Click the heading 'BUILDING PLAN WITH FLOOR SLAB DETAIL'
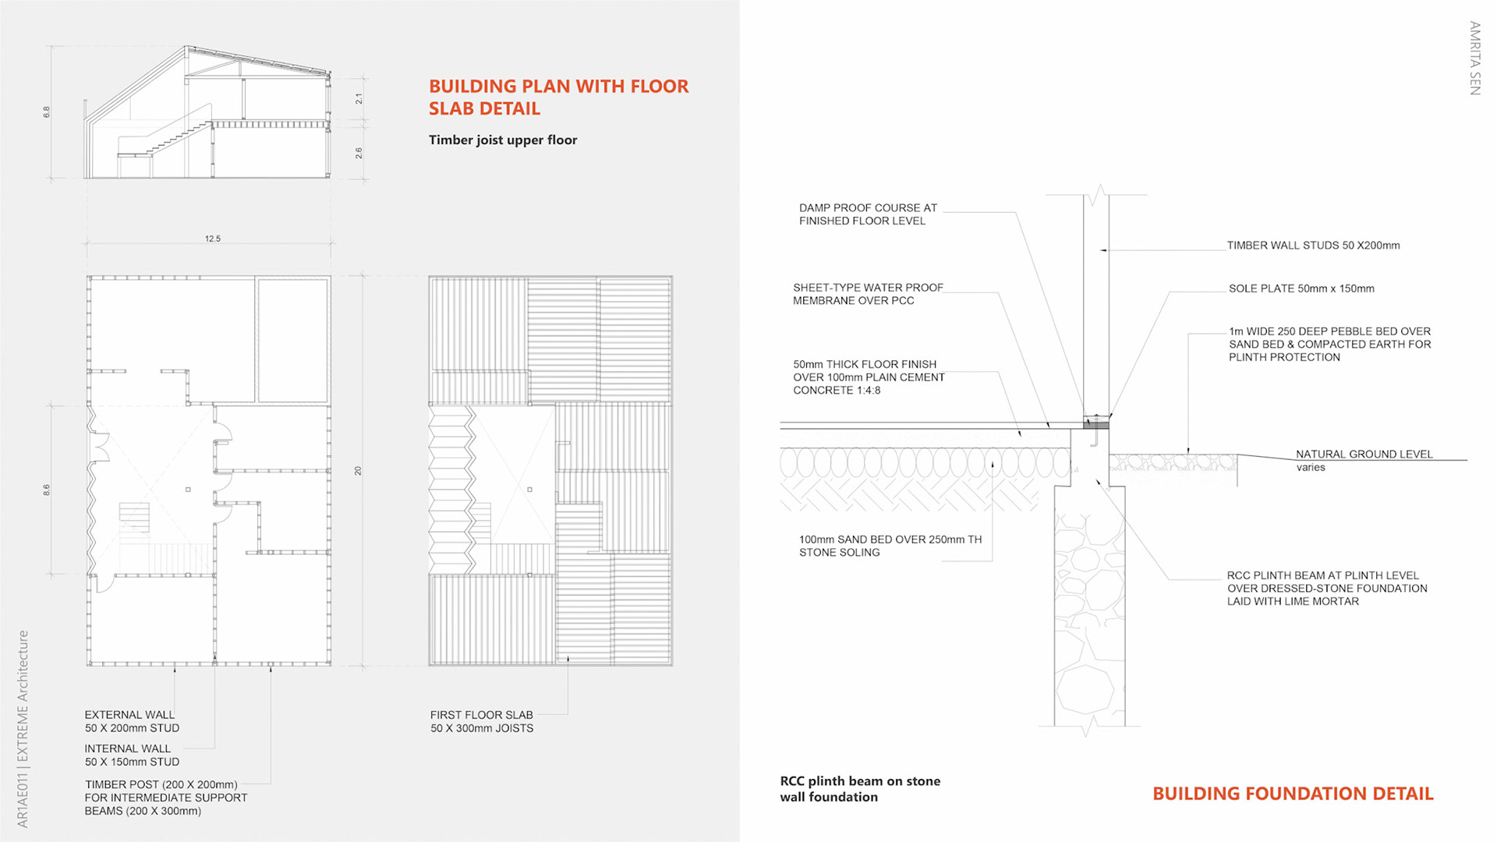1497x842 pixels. [558, 97]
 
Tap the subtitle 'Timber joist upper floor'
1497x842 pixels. [503, 140]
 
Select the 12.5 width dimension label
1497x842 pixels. [213, 239]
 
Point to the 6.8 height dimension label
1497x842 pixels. [47, 112]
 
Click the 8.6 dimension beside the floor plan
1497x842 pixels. [47, 490]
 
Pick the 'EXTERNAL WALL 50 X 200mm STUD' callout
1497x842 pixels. [132, 721]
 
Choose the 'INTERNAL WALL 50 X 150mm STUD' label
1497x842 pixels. [132, 755]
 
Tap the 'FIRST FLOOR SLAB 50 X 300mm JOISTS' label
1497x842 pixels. [482, 721]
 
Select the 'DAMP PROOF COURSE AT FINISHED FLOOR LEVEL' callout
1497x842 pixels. [868, 214]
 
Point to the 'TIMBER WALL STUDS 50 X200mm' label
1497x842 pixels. [1313, 246]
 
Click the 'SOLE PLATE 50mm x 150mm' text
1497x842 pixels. [1301, 288]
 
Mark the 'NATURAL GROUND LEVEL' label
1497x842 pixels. [1364, 455]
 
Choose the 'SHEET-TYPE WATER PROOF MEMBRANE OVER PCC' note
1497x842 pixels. [868, 294]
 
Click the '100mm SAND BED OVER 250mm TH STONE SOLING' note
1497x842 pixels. [890, 546]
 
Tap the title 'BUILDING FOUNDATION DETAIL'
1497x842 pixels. [1293, 794]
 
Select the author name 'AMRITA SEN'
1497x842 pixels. [1474, 58]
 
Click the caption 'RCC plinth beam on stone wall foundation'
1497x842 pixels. [860, 789]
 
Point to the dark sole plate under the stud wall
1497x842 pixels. [1096, 423]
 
